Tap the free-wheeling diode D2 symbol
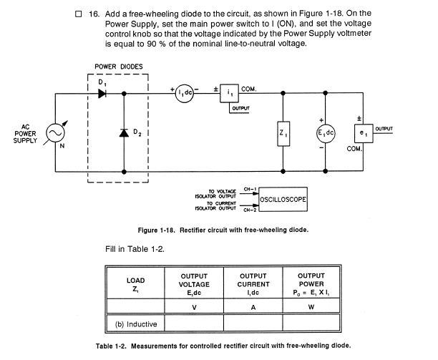(125, 133)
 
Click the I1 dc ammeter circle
(183, 94)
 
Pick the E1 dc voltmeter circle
(326, 134)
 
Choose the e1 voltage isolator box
(361, 134)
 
